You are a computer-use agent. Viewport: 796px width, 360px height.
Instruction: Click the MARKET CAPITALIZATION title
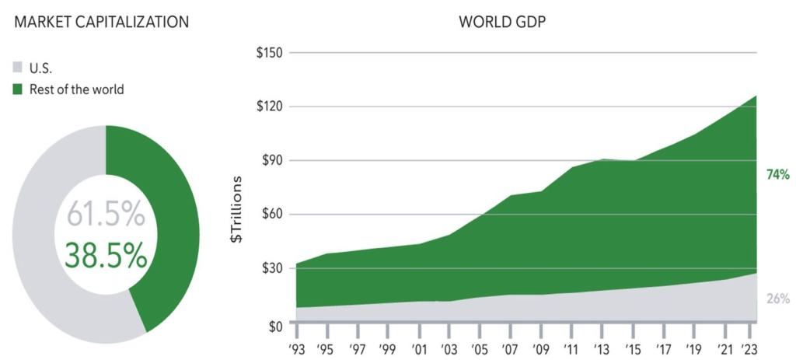[102, 21]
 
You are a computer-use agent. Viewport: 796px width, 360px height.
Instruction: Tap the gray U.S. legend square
[19, 68]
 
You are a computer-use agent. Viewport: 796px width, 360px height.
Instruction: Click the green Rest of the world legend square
[19, 89]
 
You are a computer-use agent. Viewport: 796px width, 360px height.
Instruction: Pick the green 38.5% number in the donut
[106, 254]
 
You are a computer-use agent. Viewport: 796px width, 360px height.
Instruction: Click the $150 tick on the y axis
[271, 53]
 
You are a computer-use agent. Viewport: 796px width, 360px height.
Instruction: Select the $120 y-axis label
[271, 107]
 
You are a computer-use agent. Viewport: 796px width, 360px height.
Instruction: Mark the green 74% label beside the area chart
[777, 175]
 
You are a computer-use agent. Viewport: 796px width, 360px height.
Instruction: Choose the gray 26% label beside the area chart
[777, 299]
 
